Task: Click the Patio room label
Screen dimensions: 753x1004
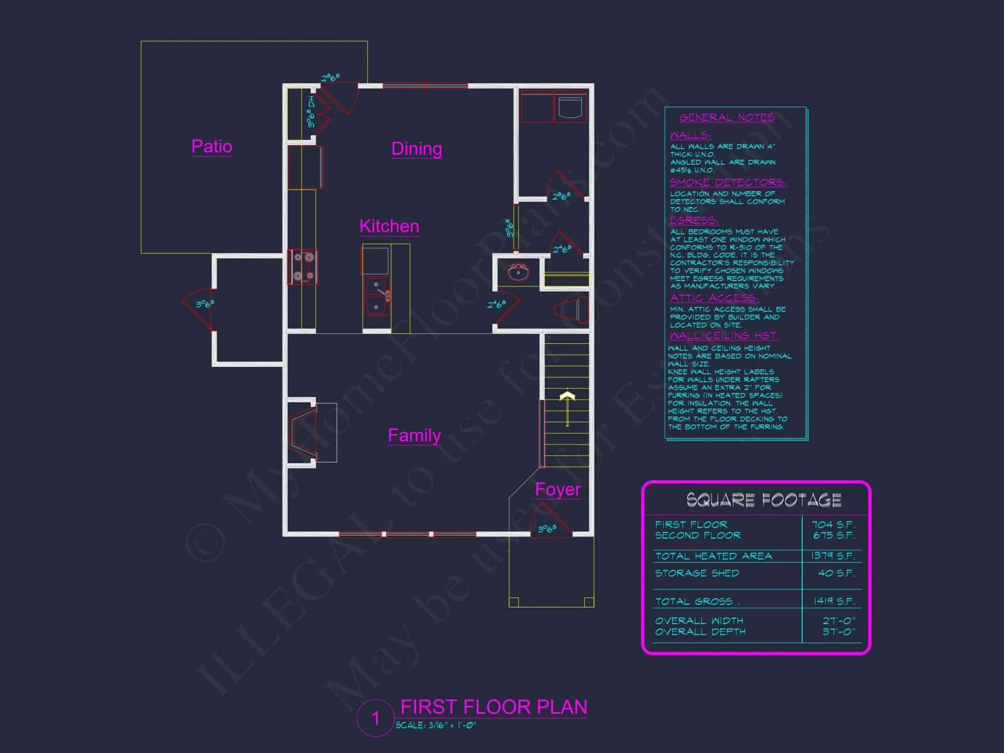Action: pos(212,147)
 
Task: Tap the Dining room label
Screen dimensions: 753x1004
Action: pos(417,149)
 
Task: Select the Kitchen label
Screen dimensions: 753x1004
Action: pos(389,226)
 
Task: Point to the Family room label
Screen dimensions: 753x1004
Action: pos(414,435)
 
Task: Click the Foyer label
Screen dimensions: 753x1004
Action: pos(558,489)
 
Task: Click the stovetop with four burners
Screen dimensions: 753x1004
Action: pos(303,267)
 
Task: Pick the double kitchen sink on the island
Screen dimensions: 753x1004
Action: pos(377,296)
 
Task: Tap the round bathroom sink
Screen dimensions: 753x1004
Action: pos(518,273)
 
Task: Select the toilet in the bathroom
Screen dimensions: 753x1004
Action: pos(572,310)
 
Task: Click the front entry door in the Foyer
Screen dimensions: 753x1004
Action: pos(551,522)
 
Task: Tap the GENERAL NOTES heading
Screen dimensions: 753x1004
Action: pos(727,117)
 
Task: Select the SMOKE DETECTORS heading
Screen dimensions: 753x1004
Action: pos(728,182)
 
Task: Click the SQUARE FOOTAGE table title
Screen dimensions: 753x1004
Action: pos(764,500)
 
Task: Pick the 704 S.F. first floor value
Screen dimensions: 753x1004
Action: pos(833,525)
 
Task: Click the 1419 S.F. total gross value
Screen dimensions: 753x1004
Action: pos(833,601)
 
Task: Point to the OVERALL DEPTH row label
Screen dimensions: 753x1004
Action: pos(700,632)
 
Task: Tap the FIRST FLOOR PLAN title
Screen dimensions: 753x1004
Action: pos(493,707)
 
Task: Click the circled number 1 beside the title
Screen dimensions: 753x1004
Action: pos(375,718)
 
